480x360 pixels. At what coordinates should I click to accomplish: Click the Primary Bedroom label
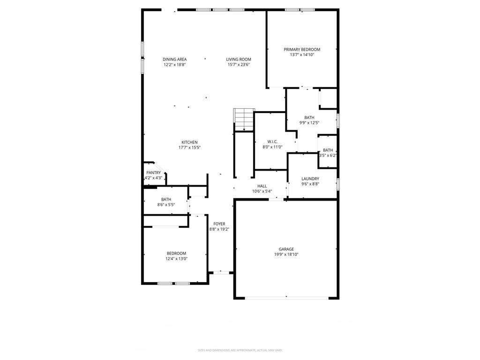click(x=301, y=50)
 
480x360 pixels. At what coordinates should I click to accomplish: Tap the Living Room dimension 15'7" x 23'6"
click(x=239, y=65)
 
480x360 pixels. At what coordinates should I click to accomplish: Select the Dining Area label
click(x=174, y=60)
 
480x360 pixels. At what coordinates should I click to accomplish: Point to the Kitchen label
click(x=189, y=142)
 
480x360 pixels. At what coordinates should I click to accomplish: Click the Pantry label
click(x=153, y=172)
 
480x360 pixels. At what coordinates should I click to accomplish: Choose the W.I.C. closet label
click(x=272, y=142)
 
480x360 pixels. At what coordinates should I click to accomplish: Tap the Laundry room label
click(x=310, y=179)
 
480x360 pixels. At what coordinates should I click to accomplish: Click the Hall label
click(x=262, y=186)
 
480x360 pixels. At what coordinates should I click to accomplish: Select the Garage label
click(x=286, y=249)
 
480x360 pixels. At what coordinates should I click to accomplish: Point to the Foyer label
click(x=219, y=224)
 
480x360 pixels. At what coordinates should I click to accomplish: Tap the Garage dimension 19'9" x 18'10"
click(x=286, y=255)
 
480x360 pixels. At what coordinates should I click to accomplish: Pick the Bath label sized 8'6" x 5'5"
click(x=166, y=199)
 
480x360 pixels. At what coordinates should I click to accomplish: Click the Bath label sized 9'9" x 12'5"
click(x=309, y=118)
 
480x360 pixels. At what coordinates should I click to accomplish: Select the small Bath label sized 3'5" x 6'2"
click(x=328, y=150)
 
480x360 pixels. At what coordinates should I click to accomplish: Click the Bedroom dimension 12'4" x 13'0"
click(x=176, y=259)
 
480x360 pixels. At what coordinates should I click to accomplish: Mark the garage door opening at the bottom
click(x=286, y=298)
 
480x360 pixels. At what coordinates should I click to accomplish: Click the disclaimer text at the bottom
click(x=240, y=350)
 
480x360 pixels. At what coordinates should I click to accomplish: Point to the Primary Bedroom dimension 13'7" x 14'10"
click(x=301, y=55)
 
